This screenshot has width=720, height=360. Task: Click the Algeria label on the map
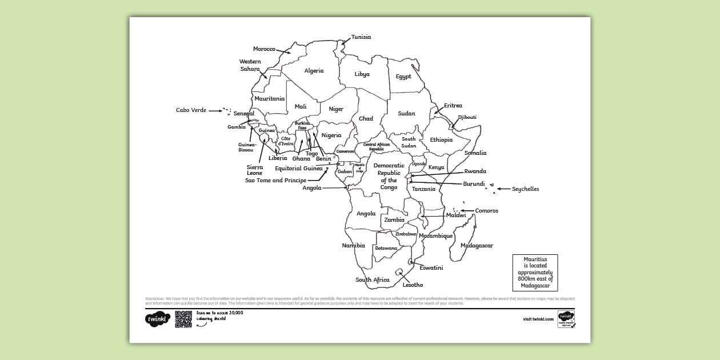click(x=314, y=71)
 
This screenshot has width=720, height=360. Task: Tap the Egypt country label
click(x=403, y=77)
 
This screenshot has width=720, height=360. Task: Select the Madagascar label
click(x=477, y=246)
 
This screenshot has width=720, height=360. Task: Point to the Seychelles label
click(x=525, y=189)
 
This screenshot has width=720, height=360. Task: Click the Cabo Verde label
click(x=191, y=110)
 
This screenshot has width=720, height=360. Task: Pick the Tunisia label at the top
click(x=361, y=37)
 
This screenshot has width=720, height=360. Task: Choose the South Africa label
click(x=372, y=280)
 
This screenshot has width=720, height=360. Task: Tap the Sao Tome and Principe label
click(x=275, y=181)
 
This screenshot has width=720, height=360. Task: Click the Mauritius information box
click(x=535, y=273)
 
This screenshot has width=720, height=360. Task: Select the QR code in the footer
click(x=183, y=319)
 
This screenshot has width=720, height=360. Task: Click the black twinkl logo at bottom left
click(x=158, y=319)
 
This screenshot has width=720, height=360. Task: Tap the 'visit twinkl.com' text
click(x=538, y=319)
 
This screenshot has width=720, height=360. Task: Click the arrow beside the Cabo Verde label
click(x=215, y=111)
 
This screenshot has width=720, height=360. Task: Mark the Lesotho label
click(x=413, y=285)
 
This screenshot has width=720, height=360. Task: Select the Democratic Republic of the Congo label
click(x=389, y=176)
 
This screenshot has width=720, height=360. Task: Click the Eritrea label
click(x=453, y=106)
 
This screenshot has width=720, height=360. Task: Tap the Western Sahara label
click(x=250, y=65)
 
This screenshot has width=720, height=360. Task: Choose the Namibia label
click(x=353, y=246)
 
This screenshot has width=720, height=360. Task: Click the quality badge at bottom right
click(x=566, y=319)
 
